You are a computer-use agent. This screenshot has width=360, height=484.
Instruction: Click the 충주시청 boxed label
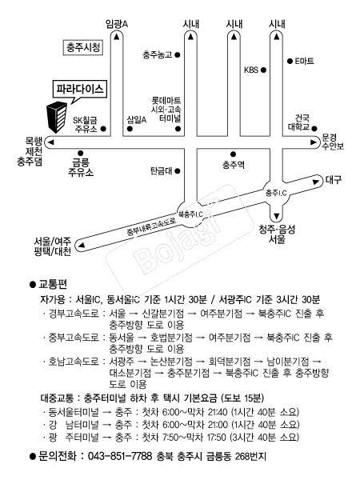coord(82,47)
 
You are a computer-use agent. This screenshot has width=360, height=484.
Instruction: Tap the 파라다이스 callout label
coord(80,90)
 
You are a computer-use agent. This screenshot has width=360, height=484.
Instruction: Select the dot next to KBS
coord(263,70)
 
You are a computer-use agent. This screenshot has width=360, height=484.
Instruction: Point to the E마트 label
coord(305,61)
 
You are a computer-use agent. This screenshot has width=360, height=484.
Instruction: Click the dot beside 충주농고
coord(178,55)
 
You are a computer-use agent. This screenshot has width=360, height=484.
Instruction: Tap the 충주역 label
coord(233,165)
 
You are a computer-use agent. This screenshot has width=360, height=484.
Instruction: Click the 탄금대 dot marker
coord(178,170)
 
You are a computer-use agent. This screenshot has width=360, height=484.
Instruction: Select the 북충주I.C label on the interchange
coord(190,214)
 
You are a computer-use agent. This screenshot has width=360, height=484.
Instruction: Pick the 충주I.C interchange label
coord(276,194)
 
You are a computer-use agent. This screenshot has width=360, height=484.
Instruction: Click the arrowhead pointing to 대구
coord(316,182)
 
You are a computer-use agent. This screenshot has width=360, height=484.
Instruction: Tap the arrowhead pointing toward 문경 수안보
coord(314,142)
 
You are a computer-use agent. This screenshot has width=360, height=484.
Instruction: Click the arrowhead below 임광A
coord(116,37)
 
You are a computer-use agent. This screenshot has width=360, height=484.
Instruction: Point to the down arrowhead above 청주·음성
coord(277,216)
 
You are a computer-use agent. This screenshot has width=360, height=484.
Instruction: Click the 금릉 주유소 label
coord(81,167)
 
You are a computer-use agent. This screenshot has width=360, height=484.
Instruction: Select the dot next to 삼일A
coord(130,129)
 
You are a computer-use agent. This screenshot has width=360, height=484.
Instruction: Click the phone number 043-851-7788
coord(120,456)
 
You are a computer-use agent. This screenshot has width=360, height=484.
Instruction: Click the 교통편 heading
coord(53,284)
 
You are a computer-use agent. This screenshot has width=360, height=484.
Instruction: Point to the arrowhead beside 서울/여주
coord(82,246)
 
